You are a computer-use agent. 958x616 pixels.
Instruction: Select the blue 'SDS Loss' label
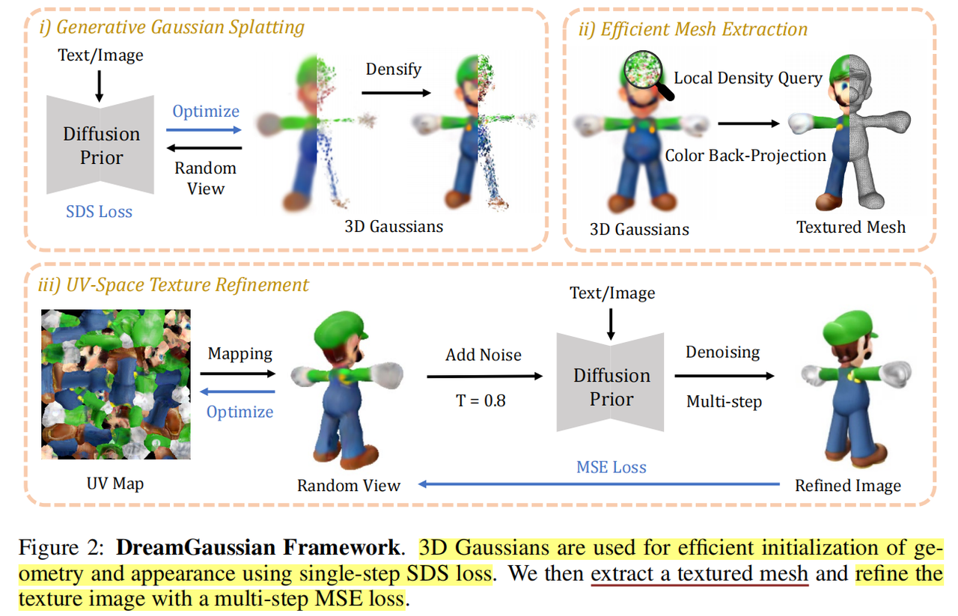[100, 211]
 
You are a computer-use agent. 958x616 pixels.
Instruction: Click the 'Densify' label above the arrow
[394, 70]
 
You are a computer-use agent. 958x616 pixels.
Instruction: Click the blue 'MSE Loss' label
[611, 467]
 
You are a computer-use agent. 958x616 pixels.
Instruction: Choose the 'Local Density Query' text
[748, 78]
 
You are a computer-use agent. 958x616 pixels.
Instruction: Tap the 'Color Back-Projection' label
[745, 156]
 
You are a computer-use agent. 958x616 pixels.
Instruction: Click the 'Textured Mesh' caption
[851, 227]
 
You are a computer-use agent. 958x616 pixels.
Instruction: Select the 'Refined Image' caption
[847, 486]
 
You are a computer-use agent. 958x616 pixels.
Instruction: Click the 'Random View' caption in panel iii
[349, 486]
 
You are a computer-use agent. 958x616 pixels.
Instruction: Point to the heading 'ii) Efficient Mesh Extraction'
[693, 29]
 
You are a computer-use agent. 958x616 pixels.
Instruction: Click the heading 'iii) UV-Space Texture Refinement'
[173, 285]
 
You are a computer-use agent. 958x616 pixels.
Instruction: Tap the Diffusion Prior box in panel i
[101, 145]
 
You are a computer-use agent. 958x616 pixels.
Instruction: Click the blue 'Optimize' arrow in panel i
[205, 130]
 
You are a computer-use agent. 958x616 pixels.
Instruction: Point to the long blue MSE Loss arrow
[599, 484]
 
